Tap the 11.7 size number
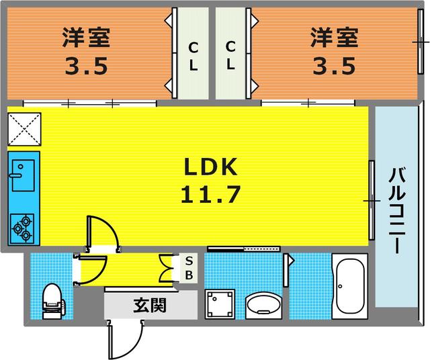tap(209, 195)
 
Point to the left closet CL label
tap(193, 56)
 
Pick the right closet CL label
tap(230, 56)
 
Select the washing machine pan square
tap(220, 306)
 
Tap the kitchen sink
tap(24, 172)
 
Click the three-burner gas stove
tap(24, 228)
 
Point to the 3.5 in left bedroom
tap(86, 68)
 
